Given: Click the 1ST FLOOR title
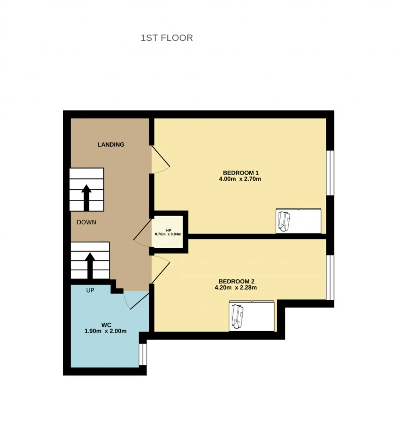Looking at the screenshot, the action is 167,38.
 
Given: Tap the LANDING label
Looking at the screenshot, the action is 111,144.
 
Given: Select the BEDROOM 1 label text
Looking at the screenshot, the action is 241,173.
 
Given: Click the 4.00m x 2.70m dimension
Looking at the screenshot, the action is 240,179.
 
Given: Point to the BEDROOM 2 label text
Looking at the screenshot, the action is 236,281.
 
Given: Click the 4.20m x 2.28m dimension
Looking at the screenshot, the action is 235,288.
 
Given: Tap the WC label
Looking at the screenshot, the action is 106,325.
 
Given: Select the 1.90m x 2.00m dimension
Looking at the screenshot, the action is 105,331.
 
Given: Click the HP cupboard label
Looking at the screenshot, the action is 168,231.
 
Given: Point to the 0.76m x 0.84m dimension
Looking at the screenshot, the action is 168,234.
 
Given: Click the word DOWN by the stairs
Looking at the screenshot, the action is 86,222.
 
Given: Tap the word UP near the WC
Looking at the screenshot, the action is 90,290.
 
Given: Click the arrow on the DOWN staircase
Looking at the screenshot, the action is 86,198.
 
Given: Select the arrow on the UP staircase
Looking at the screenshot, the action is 90,266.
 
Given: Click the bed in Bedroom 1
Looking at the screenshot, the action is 298,221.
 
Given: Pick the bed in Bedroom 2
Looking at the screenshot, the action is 252,316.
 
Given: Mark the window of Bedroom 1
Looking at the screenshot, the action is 330,173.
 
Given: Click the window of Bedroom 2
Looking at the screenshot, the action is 330,277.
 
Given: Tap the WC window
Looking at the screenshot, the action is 143,354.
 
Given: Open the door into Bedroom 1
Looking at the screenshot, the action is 161,159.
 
